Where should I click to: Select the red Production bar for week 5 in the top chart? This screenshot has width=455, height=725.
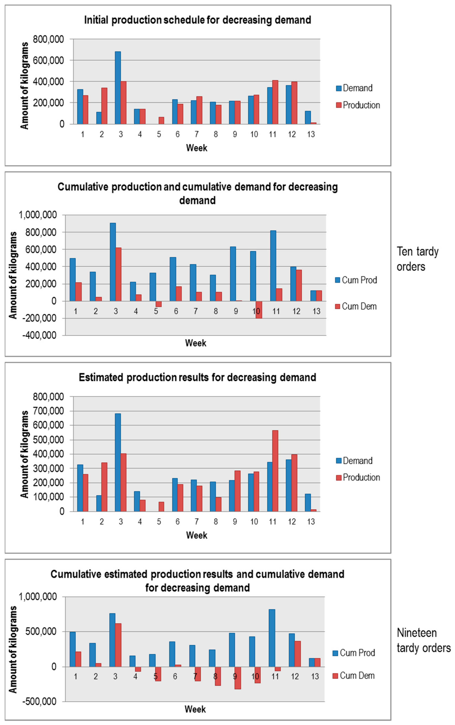(161, 120)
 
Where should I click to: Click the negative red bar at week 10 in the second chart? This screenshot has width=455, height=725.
(259, 310)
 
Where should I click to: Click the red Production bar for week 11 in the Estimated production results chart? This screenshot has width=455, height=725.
(275, 471)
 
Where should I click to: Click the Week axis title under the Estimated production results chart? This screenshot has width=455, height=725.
(196, 535)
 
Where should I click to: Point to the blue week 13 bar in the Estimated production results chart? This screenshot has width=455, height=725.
(308, 502)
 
